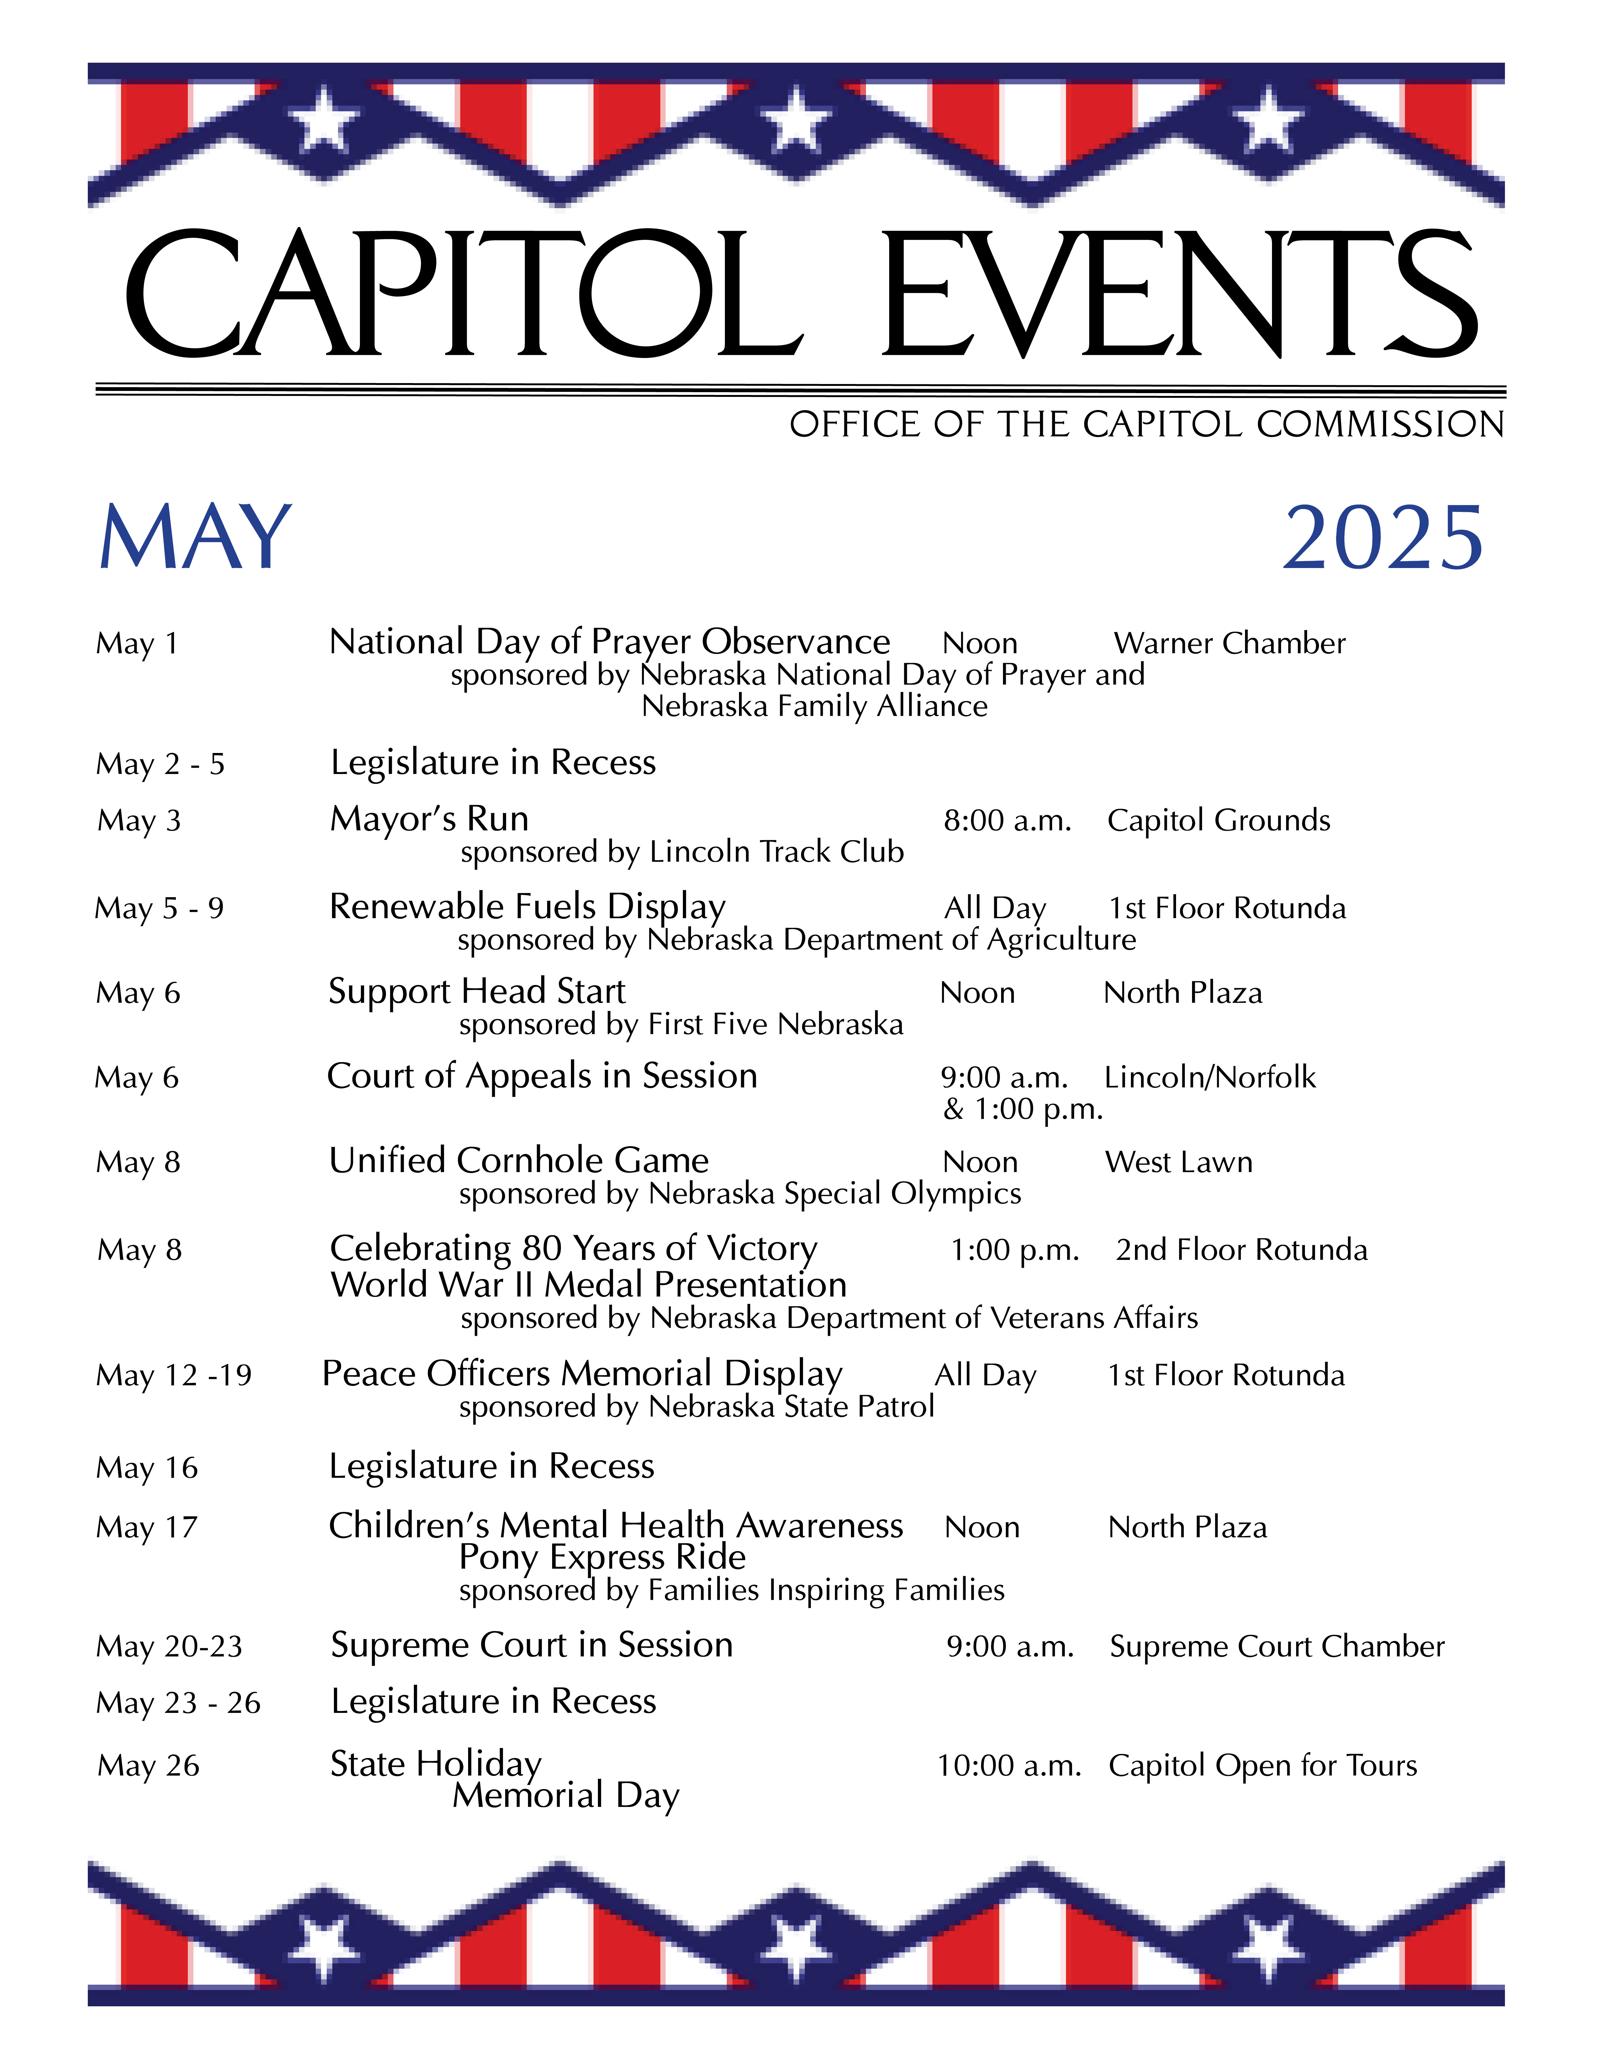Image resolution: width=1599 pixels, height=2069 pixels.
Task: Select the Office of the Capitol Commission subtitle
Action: [1146, 424]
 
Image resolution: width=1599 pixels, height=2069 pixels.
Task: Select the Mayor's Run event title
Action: [429, 819]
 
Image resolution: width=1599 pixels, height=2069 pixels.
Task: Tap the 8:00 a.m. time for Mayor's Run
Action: [1007, 820]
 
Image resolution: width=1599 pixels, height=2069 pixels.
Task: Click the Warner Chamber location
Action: [1229, 643]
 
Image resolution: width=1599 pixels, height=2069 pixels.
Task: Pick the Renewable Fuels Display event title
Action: [527, 907]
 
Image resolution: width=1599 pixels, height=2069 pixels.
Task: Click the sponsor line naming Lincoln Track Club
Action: [682, 852]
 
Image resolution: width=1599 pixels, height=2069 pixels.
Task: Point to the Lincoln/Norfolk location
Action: [1210, 1077]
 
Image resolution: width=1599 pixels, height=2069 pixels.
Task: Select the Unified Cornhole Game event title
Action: [518, 1161]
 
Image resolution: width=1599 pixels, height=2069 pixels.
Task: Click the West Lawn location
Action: [1179, 1162]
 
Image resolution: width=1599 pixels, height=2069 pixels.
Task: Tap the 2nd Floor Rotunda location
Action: [1241, 1250]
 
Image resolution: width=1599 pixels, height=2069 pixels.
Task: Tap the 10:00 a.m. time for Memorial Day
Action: [1009, 1766]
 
